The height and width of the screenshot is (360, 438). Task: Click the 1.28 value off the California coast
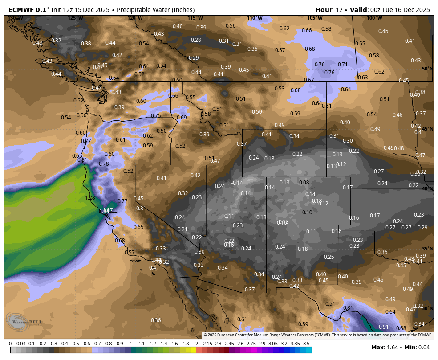[90, 197]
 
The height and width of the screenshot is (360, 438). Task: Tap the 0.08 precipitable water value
[304, 182]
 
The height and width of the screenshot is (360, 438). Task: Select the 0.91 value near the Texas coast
[383, 327]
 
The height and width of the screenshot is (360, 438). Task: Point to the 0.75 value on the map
[156, 115]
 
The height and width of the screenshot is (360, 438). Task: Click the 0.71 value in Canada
[343, 64]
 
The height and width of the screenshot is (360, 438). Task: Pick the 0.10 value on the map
[307, 212]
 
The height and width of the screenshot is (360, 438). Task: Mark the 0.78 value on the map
[104, 164]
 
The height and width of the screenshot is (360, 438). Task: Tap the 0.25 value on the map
[329, 257]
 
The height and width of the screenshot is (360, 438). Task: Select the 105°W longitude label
[314, 18]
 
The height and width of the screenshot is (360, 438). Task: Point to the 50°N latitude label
[427, 69]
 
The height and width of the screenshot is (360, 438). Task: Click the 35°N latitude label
[427, 249]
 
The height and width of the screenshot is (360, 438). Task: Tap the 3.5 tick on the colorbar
[306, 344]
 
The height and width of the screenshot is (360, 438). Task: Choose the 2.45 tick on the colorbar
[229, 344]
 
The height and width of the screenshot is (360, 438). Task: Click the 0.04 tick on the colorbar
[21, 344]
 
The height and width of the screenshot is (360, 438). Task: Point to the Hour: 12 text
[329, 10]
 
